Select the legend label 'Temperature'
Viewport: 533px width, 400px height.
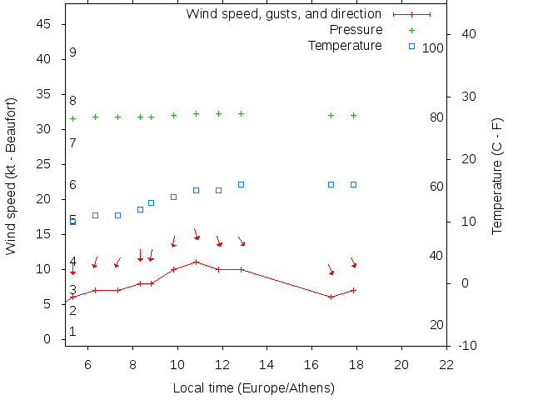pos(345,45)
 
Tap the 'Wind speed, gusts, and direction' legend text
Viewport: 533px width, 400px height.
pos(283,14)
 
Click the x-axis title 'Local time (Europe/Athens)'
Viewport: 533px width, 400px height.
pos(253,388)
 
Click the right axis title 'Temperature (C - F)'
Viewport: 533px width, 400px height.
pos(497,175)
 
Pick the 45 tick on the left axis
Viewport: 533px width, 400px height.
pos(46,24)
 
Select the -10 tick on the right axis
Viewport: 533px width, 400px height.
pos(467,346)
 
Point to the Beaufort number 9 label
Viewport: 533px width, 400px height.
pos(73,52)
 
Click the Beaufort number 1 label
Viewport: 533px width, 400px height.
pos(73,332)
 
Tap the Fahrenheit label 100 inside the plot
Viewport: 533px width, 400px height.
pos(433,48)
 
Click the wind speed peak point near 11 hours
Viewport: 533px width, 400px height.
pos(196,262)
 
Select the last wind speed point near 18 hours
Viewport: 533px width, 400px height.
pos(353,290)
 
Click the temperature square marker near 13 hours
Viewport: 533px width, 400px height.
pos(241,184)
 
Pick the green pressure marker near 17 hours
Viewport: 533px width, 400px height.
pos(331,115)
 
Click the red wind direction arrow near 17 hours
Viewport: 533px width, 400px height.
pos(331,270)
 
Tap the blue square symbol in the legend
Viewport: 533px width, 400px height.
pos(411,46)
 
